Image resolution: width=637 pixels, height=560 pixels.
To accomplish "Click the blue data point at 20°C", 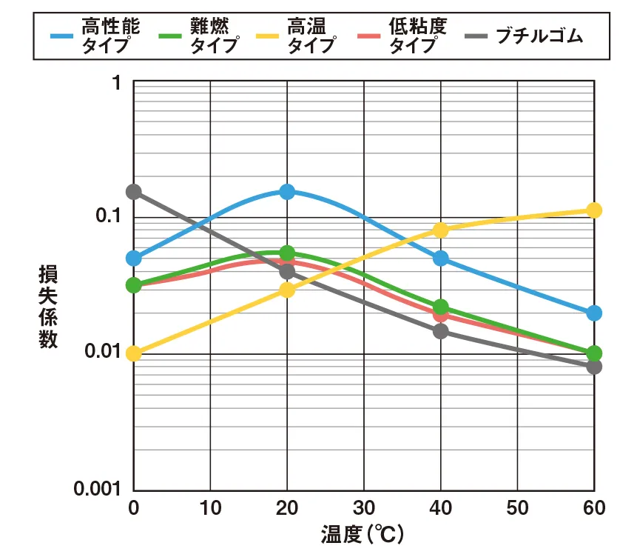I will coord(287,192).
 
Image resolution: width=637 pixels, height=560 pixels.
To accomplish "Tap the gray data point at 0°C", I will coord(134,192).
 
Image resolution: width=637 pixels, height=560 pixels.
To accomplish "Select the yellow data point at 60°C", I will coord(593,210).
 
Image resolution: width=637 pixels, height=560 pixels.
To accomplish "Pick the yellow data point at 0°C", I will coord(134,353).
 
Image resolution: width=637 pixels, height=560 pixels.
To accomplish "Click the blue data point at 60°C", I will coord(593,313).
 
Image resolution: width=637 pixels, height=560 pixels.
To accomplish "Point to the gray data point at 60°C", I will coord(593,367).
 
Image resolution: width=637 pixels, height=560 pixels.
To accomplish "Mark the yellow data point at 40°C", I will coord(441,230).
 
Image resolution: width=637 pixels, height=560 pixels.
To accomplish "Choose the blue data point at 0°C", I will coord(134,258).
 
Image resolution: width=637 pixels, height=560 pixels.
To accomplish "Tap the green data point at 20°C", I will coord(287,253).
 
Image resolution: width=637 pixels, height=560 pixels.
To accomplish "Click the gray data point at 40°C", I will coord(441,330).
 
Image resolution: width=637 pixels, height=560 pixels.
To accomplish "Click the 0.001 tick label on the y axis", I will coord(98,489).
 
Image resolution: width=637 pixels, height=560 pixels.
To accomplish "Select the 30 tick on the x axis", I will coord(363,508).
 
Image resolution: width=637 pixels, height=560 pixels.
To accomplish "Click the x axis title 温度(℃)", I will coord(363,534).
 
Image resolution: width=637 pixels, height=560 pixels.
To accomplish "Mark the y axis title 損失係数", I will coord(48,307).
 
